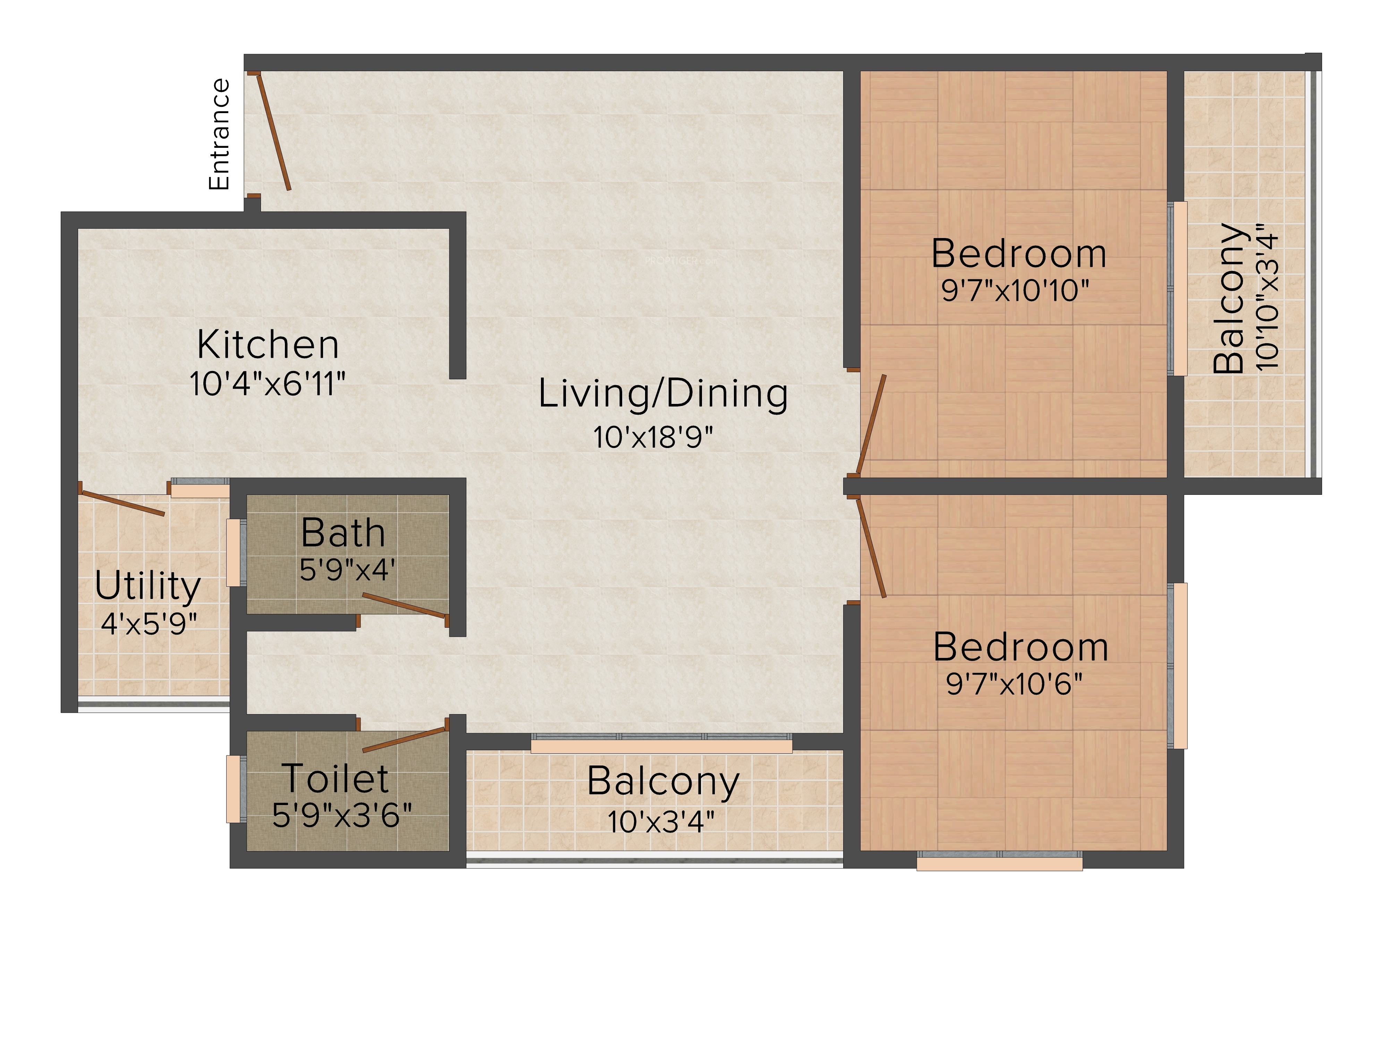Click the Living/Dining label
(x=663, y=394)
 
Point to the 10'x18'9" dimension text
(x=653, y=437)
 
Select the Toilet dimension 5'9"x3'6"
(x=342, y=815)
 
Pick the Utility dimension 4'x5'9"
(x=149, y=624)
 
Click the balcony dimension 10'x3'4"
(x=661, y=821)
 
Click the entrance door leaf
(x=273, y=133)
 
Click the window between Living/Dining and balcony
(x=661, y=743)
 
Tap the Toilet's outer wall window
(x=234, y=789)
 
